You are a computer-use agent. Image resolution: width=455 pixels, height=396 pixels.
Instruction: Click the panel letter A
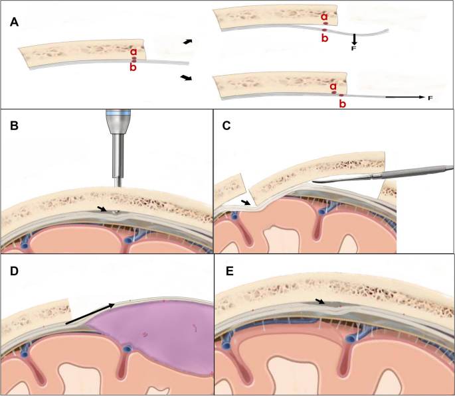point(15,22)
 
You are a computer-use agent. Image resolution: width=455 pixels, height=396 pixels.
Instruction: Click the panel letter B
point(15,123)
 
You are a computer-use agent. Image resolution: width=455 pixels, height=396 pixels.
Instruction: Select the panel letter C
point(228,123)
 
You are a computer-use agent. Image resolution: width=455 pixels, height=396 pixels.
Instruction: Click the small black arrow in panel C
point(246,201)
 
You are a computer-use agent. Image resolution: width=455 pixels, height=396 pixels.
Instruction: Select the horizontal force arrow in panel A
point(405,98)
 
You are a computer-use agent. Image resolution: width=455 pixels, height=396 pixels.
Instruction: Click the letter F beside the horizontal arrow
point(430,98)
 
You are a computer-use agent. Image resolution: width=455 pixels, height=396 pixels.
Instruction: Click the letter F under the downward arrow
point(355,49)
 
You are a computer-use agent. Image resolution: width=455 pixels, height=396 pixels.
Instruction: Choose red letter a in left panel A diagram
point(134,51)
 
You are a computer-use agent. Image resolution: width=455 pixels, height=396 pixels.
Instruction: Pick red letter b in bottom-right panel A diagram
point(342,104)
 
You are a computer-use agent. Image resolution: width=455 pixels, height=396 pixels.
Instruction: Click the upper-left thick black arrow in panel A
point(189,42)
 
